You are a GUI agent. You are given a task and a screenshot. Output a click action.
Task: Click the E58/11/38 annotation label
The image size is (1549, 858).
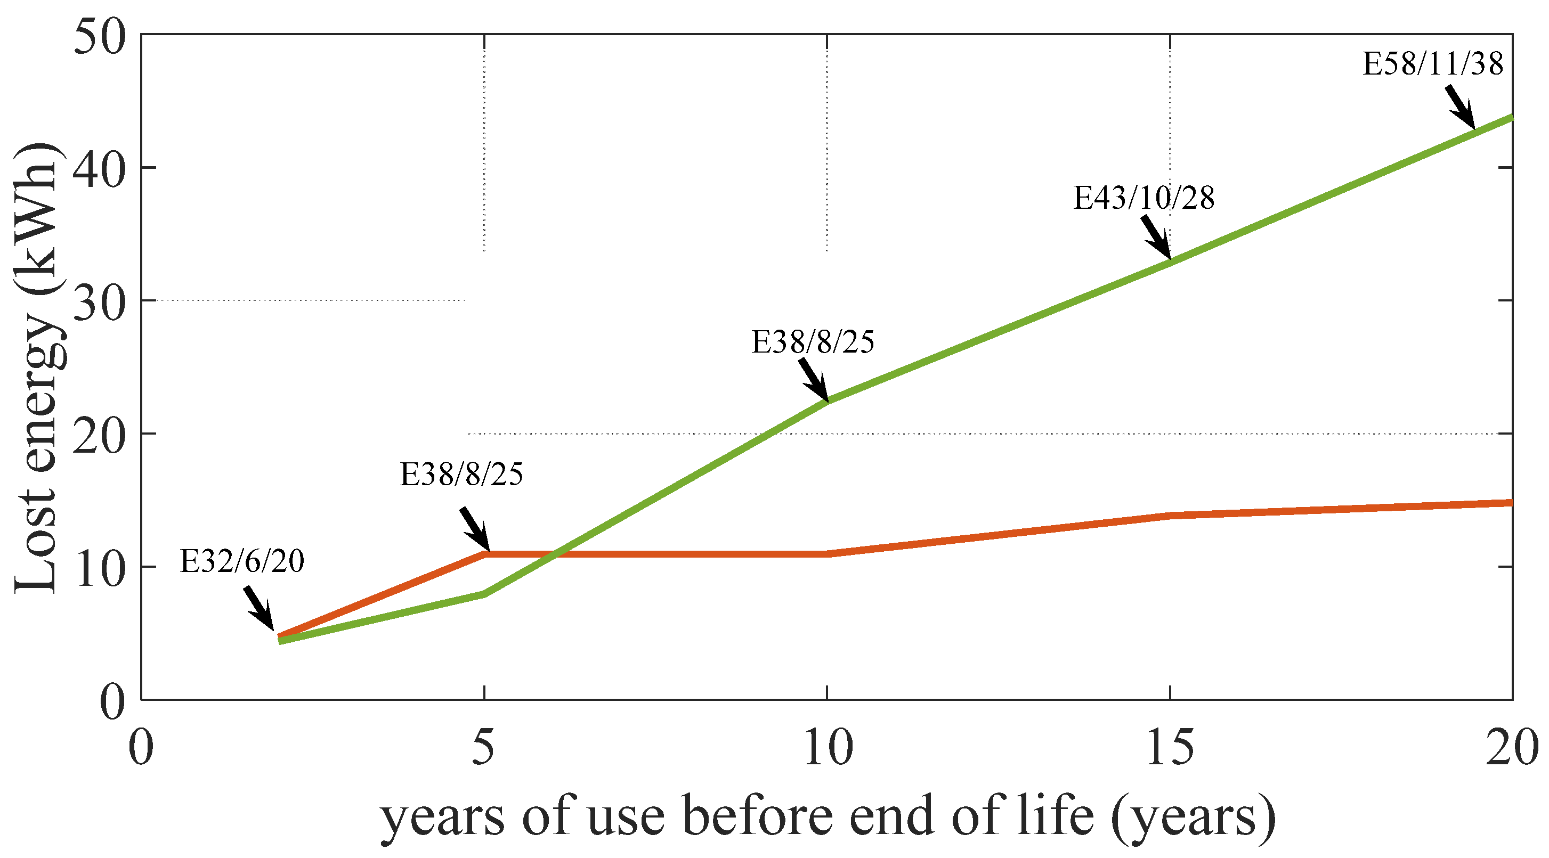pos(1433,64)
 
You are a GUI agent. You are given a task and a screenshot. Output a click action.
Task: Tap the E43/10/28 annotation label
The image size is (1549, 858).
pos(1143,198)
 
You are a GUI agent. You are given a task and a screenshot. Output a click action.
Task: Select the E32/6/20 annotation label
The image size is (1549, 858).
pos(242,561)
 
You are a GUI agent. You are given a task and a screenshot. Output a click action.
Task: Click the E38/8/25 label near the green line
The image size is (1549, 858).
pos(813,342)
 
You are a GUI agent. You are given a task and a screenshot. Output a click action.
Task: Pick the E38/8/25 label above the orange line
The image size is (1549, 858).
pos(462,474)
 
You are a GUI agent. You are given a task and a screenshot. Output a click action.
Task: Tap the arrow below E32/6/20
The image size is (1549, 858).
pos(259,608)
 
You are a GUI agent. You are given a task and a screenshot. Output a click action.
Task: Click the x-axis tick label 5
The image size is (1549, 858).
pos(483,747)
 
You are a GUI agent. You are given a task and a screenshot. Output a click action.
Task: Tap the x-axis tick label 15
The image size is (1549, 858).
pos(1170,747)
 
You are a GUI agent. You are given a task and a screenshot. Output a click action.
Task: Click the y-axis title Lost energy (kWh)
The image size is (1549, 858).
pos(36,367)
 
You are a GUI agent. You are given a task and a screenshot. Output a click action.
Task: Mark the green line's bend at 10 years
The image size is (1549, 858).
pos(828,401)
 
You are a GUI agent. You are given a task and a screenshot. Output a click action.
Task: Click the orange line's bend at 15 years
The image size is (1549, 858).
pos(1170,516)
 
